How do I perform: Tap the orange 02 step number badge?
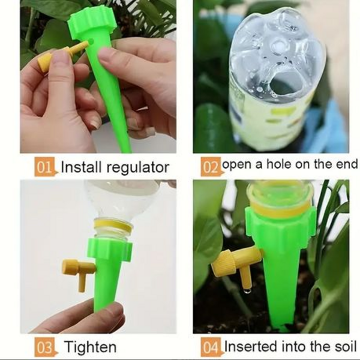coord(211,166)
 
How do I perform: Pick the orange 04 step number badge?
coord(211,346)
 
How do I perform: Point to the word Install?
coord(82,167)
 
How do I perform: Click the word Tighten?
coord(91,347)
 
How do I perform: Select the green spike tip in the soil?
coord(278,325)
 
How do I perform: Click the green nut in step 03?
coord(111,249)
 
